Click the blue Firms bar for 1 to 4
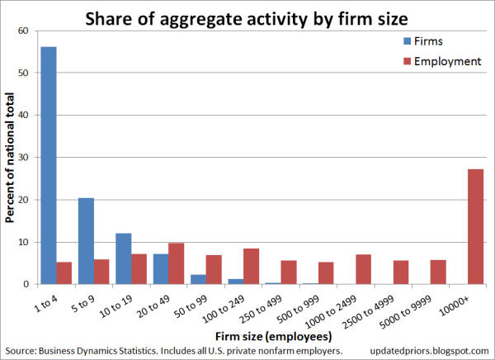pos(49,165)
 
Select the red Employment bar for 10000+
pos(476,227)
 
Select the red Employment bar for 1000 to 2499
pos(364,269)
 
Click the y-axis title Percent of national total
pos(11,157)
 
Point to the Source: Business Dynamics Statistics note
pos(172,352)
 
